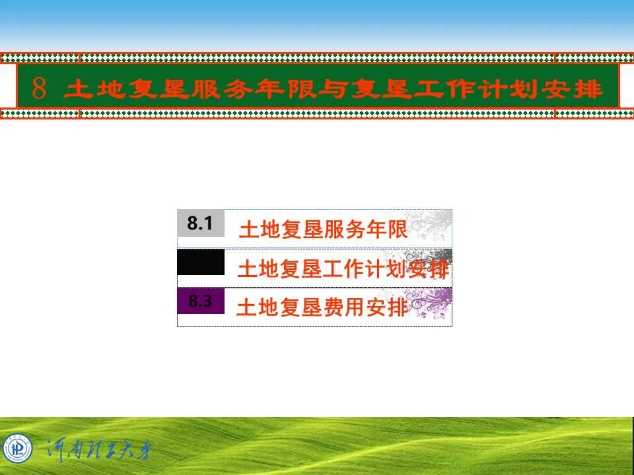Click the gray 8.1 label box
coord(200,224)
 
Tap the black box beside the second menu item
coord(200,263)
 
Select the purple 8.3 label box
coord(200,301)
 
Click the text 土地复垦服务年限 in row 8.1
coord(323,230)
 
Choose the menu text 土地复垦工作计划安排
coord(343,269)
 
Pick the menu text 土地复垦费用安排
coord(322,308)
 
